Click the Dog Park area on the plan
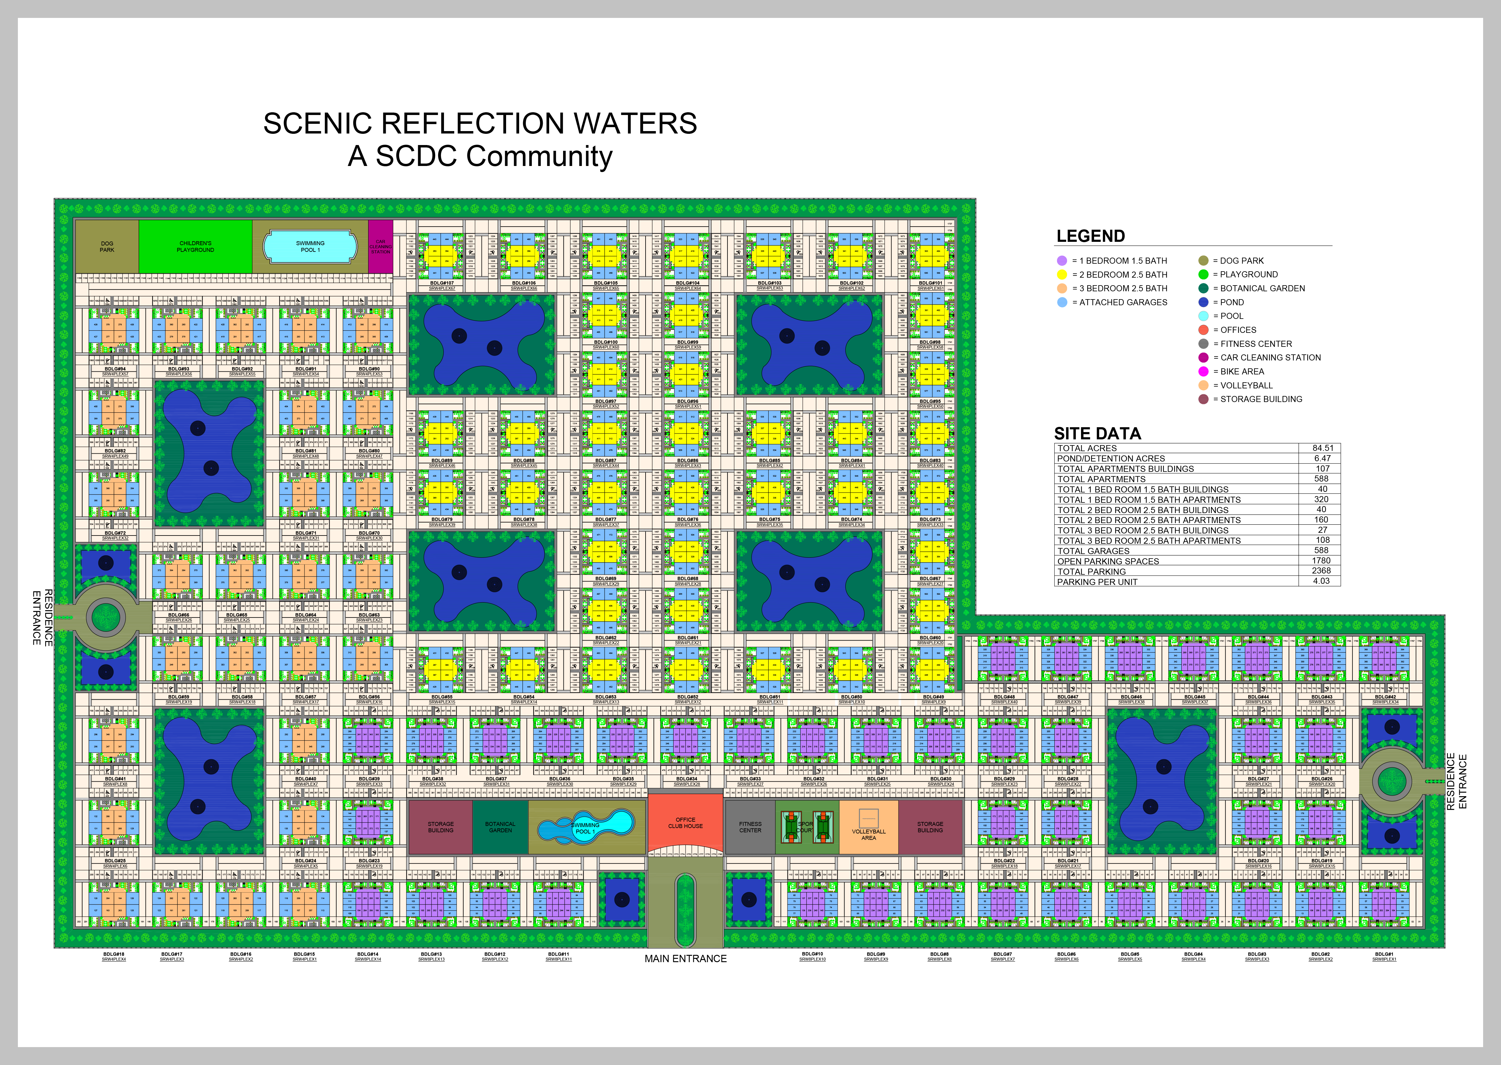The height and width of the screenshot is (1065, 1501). (107, 247)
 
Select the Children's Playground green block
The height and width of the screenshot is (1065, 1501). (195, 247)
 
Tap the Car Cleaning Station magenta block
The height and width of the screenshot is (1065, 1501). (380, 247)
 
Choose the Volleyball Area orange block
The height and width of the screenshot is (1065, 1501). (868, 828)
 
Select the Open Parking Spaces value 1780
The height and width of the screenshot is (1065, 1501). (1321, 561)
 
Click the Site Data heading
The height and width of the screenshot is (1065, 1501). (1097, 434)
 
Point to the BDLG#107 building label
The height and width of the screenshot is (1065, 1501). (442, 283)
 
